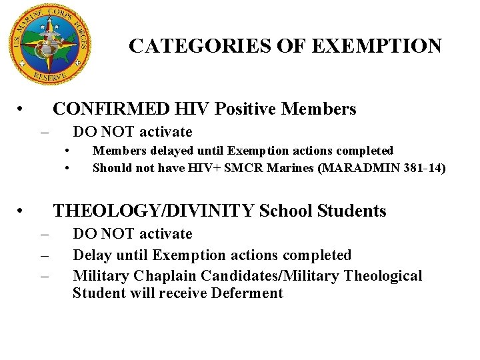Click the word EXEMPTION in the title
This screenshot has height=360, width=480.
tap(377, 46)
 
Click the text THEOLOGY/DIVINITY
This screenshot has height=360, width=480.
tap(153, 211)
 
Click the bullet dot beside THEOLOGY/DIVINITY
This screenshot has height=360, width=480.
tap(22, 212)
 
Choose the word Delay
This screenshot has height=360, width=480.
tap(91, 255)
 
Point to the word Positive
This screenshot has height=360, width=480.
tap(245, 109)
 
